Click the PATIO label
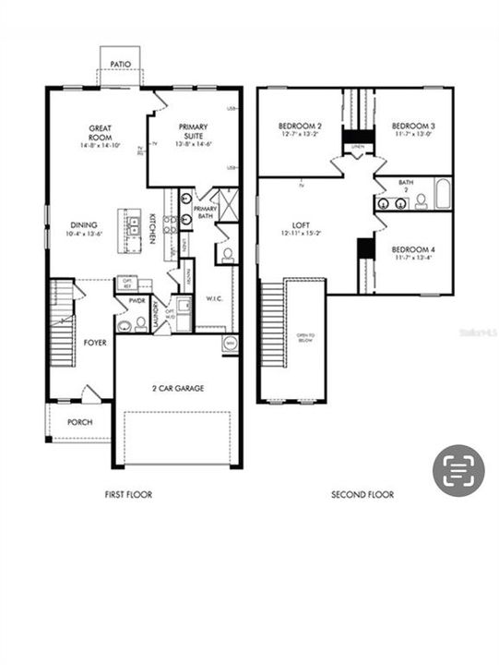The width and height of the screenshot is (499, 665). tap(120, 65)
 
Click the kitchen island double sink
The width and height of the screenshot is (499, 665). tap(125, 224)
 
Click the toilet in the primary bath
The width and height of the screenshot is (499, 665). tap(227, 253)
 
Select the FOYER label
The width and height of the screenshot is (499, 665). tap(95, 343)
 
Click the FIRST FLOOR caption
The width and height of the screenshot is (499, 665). tap(128, 495)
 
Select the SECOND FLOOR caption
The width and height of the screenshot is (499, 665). tap(362, 495)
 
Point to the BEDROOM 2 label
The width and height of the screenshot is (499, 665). tap(300, 126)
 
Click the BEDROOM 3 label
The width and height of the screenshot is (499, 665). tap(413, 126)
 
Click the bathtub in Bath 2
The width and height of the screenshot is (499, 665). tap(442, 195)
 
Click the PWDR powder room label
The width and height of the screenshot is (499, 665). tap(138, 301)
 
